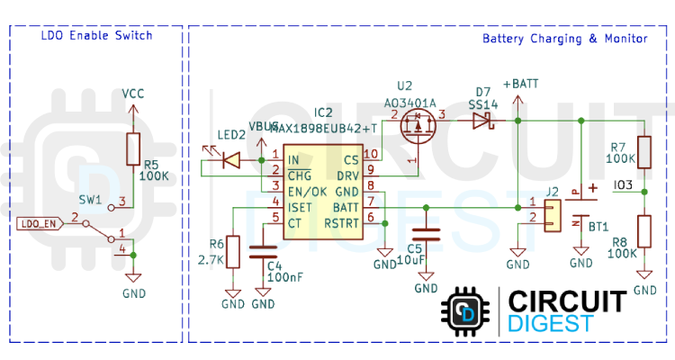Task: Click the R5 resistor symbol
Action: (133, 148)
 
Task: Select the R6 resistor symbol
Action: (233, 252)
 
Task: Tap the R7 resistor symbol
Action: (644, 151)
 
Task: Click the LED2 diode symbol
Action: (230, 160)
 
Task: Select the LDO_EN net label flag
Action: (38, 222)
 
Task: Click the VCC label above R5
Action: (133, 93)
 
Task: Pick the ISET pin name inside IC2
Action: (300, 206)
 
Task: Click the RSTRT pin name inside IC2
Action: (342, 221)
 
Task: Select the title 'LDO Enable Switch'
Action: (96, 36)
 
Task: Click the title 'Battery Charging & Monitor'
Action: (564, 39)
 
